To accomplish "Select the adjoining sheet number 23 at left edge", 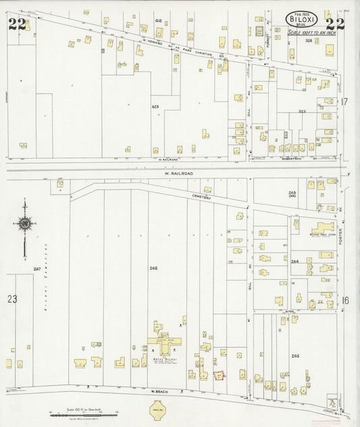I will point(11,298).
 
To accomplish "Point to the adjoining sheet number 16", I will point(344,299).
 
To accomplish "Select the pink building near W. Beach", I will point(218,374).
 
